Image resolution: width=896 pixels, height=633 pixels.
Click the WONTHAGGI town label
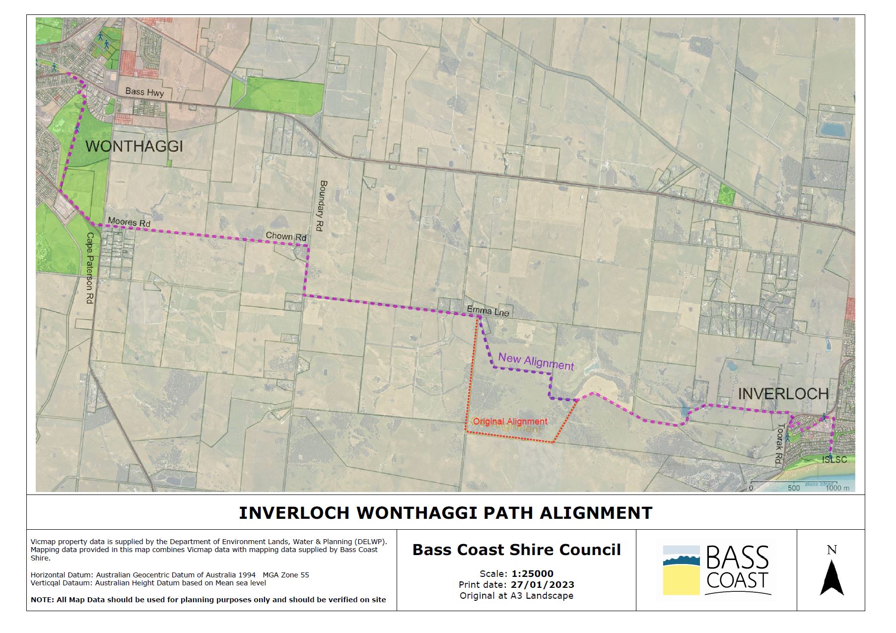point(135,146)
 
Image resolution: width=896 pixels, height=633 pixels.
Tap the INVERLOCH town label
point(783,394)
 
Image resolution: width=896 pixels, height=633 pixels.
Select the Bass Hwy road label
point(144,92)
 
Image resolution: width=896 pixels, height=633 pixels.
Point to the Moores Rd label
point(129,222)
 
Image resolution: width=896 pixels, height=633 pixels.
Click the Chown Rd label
point(285,236)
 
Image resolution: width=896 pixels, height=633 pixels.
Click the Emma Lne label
point(487,311)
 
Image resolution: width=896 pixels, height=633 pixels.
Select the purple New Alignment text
point(536,361)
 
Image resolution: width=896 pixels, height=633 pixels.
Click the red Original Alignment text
point(510,422)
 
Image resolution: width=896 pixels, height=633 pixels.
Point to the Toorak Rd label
point(780,444)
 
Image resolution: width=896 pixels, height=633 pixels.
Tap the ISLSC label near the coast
point(834,460)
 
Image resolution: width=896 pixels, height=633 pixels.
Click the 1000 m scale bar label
point(837,488)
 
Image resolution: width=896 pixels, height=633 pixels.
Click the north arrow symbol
point(831,577)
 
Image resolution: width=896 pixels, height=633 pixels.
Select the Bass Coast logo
point(716,570)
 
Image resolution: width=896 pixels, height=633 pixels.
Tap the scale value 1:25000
point(533,574)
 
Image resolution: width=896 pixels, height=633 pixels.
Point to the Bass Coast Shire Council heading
point(516,550)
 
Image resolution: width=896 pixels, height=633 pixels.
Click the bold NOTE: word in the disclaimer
point(42,599)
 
